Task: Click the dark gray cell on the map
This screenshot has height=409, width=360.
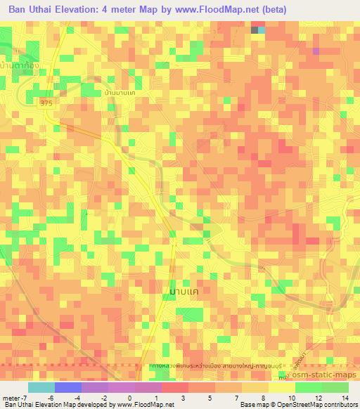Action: tap(255, 30)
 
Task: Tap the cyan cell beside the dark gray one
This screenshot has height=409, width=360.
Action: tap(262, 30)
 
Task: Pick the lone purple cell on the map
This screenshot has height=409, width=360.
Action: tap(316, 51)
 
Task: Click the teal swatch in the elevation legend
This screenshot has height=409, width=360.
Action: tap(41, 387)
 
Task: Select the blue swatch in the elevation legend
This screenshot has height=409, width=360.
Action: tap(67, 387)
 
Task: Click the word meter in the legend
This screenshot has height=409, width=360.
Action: tap(13, 398)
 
